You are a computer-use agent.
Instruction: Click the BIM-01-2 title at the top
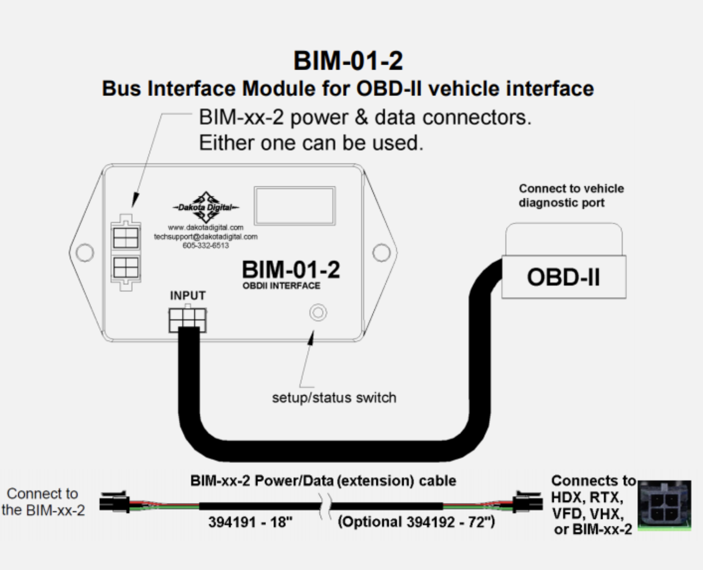[x=348, y=61]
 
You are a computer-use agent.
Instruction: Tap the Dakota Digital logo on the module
[x=206, y=207]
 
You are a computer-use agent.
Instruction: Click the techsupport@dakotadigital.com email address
[x=206, y=236]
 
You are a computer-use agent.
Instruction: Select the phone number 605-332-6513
[x=206, y=245]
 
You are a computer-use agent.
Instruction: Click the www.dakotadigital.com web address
[x=206, y=227]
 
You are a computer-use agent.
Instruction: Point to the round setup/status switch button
[x=318, y=313]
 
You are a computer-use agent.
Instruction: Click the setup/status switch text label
[x=334, y=397]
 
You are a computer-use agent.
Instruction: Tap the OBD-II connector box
[x=564, y=277]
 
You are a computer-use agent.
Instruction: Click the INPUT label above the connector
[x=188, y=295]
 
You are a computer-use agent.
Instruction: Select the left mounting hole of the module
[x=85, y=253]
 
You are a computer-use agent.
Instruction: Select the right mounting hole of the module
[x=382, y=253]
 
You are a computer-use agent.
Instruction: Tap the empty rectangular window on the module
[x=295, y=206]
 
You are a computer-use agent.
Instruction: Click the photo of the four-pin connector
[x=664, y=505]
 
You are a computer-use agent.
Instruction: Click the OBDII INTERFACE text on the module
[x=281, y=286]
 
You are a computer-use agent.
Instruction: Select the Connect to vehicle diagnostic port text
[x=571, y=196]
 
